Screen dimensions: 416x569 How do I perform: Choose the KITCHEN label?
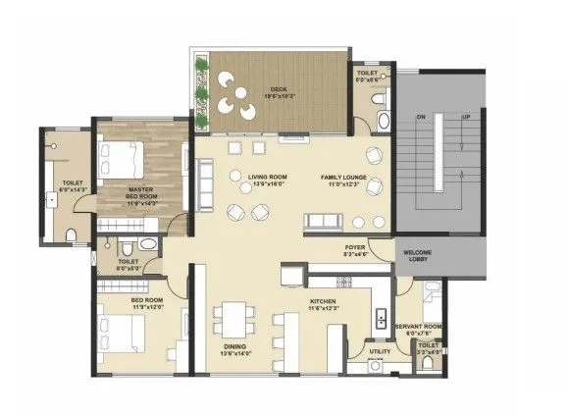pos(324,304)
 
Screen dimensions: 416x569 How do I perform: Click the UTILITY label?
pos(380,350)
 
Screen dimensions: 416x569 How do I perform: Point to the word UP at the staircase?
pos(467,117)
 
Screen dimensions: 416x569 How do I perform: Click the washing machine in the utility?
pos(374,368)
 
